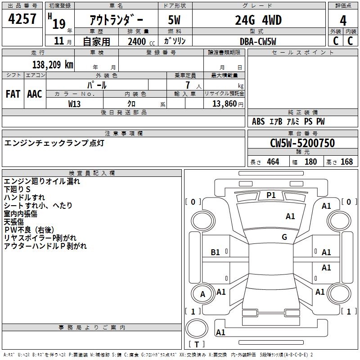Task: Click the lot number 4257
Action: click(x=22, y=18)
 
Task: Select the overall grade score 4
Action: click(x=343, y=20)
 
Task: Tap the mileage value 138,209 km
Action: click(x=53, y=64)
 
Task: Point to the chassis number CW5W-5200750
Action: click(x=302, y=143)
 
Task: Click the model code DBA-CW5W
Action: click(x=258, y=41)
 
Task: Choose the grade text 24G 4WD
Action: click(x=258, y=20)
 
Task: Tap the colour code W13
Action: click(x=74, y=104)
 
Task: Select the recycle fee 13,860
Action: click(x=224, y=103)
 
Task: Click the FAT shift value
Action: click(x=13, y=94)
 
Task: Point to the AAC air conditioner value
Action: click(x=35, y=94)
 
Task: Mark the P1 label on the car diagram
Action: click(x=271, y=195)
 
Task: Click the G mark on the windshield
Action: click(x=284, y=237)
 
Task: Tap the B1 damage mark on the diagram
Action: click(x=215, y=252)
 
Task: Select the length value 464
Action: click(x=273, y=162)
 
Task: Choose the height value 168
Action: click(x=346, y=162)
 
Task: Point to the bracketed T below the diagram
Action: click(x=197, y=344)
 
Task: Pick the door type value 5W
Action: click(x=174, y=20)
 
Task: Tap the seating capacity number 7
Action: click(x=188, y=85)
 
